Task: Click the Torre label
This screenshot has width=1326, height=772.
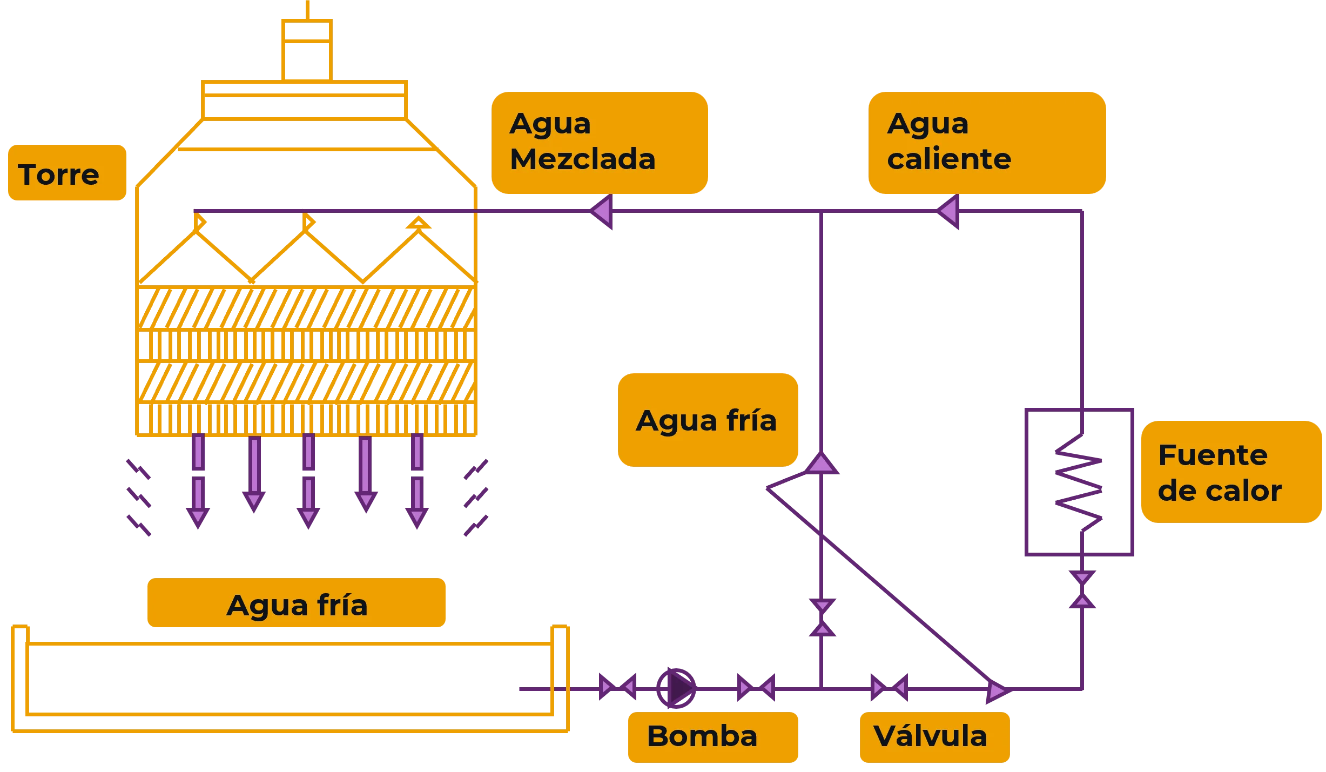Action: tap(66, 173)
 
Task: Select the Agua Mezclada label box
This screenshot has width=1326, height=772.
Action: tap(598, 142)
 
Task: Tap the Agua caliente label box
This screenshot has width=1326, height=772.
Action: tap(986, 142)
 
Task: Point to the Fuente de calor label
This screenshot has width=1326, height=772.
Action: tap(1230, 472)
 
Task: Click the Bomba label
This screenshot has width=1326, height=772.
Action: tap(712, 736)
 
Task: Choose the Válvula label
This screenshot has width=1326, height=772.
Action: tap(934, 736)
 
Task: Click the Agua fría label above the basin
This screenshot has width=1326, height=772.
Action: tap(297, 603)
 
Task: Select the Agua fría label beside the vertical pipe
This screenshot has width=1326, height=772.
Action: tap(708, 420)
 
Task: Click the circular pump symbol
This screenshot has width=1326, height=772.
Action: tap(676, 688)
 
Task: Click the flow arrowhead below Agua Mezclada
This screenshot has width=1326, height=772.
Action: tap(602, 211)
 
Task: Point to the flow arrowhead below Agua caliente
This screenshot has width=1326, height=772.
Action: tap(948, 211)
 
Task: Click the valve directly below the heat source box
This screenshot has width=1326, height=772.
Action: tap(1082, 590)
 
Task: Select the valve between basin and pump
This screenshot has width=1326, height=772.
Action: tap(617, 688)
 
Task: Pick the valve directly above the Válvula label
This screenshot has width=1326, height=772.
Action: tap(890, 688)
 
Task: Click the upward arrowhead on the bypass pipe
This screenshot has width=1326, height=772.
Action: tap(821, 464)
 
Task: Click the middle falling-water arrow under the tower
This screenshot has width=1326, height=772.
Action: tap(308, 481)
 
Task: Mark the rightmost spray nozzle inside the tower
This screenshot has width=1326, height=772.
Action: tap(418, 223)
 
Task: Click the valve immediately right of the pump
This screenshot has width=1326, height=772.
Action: tap(756, 688)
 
